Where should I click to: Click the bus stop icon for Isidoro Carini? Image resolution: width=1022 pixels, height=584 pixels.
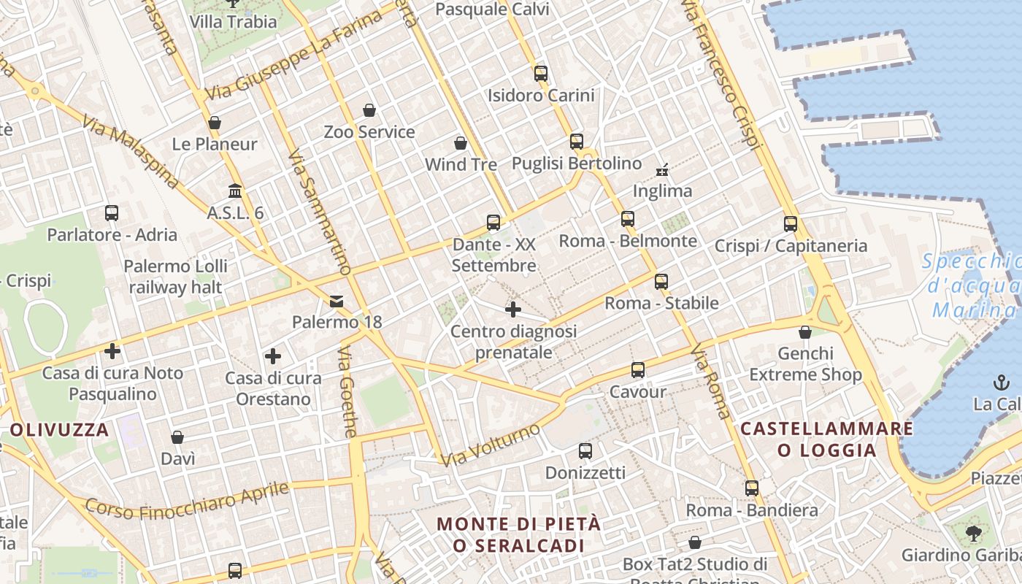click(x=540, y=73)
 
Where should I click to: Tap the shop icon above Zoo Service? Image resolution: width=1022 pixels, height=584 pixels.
click(x=369, y=110)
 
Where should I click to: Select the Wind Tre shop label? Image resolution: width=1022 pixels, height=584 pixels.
click(x=461, y=164)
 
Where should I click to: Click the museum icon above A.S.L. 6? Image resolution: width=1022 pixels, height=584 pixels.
click(x=235, y=191)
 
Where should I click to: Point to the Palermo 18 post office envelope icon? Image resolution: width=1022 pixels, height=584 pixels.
click(x=337, y=301)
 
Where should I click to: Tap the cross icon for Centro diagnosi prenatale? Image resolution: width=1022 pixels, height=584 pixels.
click(x=513, y=310)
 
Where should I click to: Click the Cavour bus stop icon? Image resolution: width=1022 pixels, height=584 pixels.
click(x=638, y=370)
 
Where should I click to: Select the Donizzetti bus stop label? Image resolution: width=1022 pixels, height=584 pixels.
click(x=585, y=473)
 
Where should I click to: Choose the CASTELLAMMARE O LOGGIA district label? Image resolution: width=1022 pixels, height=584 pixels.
click(x=826, y=439)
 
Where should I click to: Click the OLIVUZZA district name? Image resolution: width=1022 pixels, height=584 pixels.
click(x=60, y=429)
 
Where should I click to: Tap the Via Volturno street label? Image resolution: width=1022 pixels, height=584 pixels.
click(x=491, y=445)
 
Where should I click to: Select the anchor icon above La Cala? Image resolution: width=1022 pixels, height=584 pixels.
click(x=999, y=382)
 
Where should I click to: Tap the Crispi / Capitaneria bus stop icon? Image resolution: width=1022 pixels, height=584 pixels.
click(x=791, y=224)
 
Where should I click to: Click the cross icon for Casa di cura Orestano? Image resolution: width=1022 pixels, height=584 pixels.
click(x=273, y=356)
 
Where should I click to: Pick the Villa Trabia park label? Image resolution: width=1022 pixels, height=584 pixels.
click(x=233, y=21)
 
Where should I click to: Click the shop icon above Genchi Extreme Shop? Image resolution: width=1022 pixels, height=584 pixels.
click(x=805, y=332)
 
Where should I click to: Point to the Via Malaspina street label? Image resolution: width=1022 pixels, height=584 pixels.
click(x=131, y=152)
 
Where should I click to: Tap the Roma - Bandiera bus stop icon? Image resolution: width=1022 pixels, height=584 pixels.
click(x=752, y=488)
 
